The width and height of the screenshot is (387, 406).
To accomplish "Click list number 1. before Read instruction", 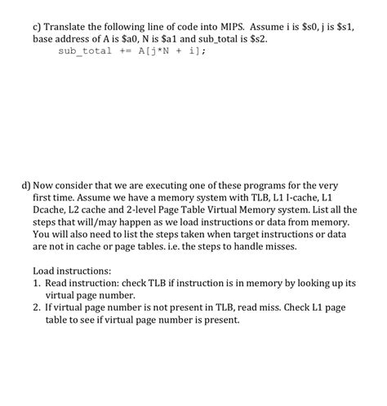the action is [x=38, y=282].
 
